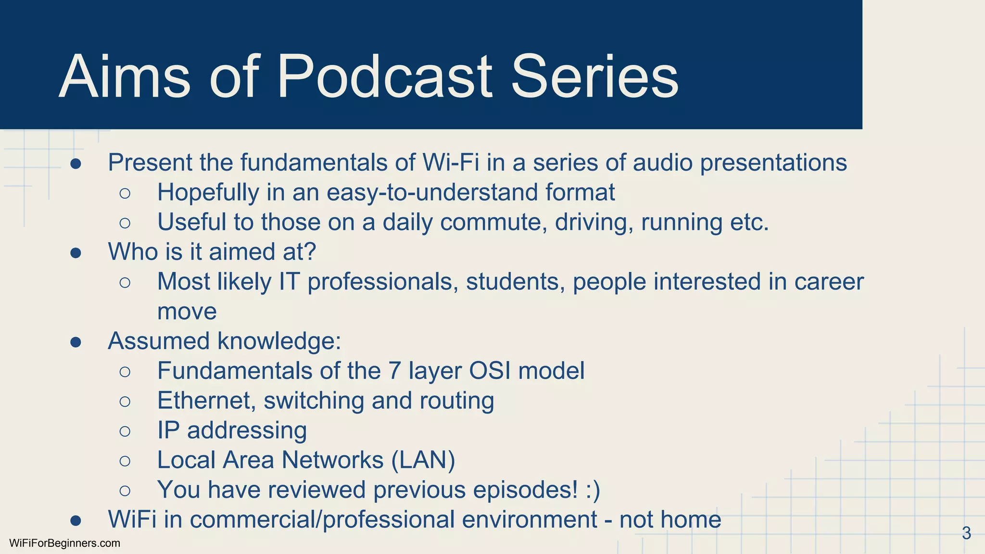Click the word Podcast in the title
(385, 77)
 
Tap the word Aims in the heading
(124, 77)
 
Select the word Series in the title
(594, 77)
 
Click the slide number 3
(966, 533)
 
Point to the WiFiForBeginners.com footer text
(64, 543)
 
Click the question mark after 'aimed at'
(311, 252)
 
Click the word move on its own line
(187, 312)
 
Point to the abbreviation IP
(168, 430)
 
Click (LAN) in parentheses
(423, 460)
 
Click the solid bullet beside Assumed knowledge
(76, 342)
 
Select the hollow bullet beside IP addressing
(125, 431)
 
